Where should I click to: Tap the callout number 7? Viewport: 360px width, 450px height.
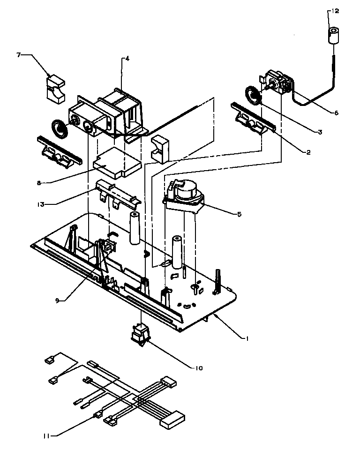tap(19, 55)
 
